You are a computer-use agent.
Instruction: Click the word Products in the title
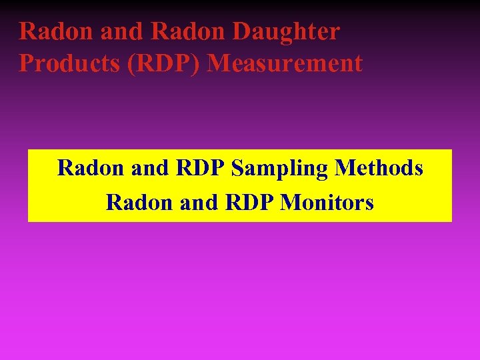(x=63, y=63)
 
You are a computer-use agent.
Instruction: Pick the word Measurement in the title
(x=285, y=63)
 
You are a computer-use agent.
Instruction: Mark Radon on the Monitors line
(x=133, y=201)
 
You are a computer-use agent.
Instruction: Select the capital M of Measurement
(x=219, y=63)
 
